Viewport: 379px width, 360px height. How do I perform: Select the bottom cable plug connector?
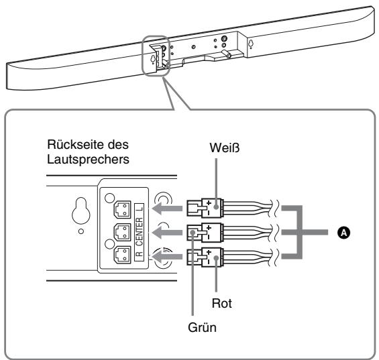[202, 257]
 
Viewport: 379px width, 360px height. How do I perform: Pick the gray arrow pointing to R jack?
[170, 258]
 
